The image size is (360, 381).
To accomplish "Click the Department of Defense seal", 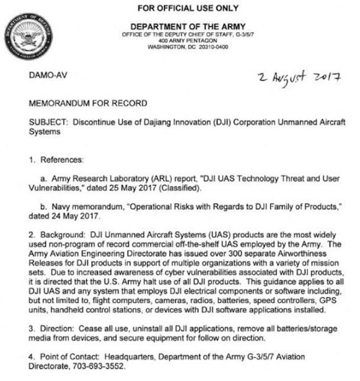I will [x=29, y=36].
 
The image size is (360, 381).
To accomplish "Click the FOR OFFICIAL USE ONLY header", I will [x=188, y=8].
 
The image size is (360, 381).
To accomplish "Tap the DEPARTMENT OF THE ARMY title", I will [x=188, y=27].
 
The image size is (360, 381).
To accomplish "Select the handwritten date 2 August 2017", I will [x=300, y=77].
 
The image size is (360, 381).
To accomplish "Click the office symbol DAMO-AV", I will [x=47, y=75].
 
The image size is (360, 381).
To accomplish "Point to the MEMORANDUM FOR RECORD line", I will [x=88, y=103].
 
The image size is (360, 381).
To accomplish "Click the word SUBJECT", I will [x=47, y=122].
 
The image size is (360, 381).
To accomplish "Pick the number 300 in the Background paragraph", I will [x=204, y=253].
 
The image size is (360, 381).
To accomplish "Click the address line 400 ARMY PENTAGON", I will [x=188, y=41].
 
